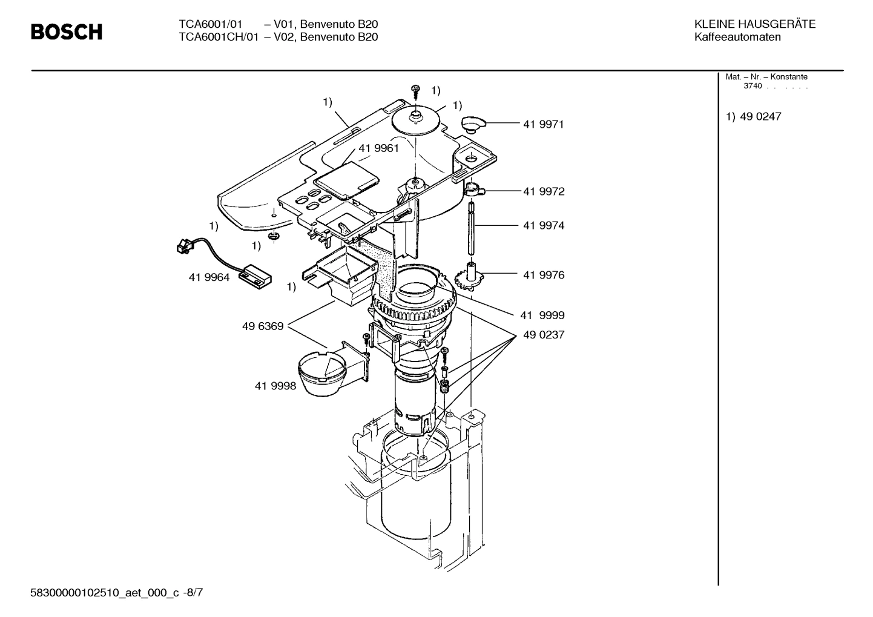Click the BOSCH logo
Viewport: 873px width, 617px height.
tap(67, 31)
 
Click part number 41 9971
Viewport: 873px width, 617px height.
tap(543, 124)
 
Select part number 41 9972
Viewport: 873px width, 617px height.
tap(543, 191)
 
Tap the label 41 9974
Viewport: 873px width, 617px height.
tap(543, 225)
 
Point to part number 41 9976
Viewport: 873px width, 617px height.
tap(543, 275)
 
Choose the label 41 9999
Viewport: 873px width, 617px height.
tap(542, 315)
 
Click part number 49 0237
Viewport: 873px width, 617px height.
tap(543, 335)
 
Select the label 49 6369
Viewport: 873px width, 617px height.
tap(263, 326)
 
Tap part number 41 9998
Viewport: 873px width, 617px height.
tap(275, 386)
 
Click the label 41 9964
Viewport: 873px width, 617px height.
tap(209, 278)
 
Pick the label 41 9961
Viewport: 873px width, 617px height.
tap(378, 148)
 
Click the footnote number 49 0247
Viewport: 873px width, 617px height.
tap(760, 116)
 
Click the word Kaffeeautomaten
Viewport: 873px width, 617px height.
tap(737, 37)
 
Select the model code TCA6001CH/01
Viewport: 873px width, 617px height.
tap(219, 37)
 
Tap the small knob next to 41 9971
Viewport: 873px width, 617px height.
tap(473, 124)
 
